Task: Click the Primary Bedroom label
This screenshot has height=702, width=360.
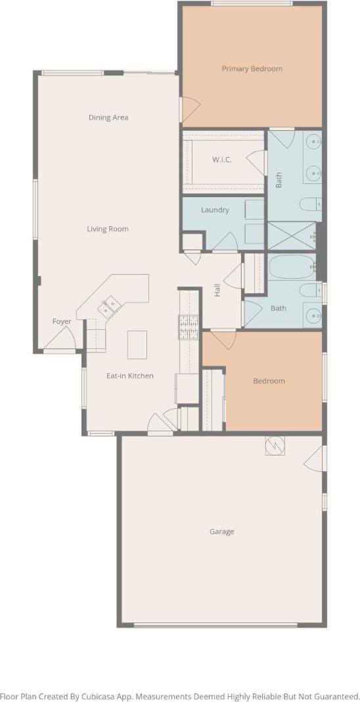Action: (252, 68)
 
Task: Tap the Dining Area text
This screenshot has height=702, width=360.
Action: (108, 118)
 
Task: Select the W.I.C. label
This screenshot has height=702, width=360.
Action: (219, 159)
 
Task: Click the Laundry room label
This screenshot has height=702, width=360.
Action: (215, 210)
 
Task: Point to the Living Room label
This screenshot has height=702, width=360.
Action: (108, 229)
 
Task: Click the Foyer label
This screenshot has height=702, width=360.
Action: (62, 321)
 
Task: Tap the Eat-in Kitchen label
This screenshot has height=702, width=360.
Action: (130, 376)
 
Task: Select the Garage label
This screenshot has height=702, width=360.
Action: (221, 532)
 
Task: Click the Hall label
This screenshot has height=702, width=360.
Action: (217, 290)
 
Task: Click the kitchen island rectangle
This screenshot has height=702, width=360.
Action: (137, 344)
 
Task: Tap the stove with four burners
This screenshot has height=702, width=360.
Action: (189, 327)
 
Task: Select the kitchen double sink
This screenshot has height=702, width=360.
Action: (109, 306)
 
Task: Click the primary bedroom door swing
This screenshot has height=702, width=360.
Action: (190, 110)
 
